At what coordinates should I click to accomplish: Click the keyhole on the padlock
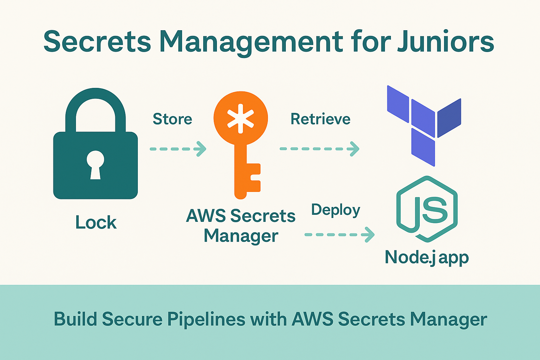click(95, 164)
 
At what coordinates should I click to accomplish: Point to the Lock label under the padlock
click(96, 223)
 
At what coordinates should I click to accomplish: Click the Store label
click(172, 119)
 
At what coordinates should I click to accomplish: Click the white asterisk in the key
click(240, 118)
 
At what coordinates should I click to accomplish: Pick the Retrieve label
click(320, 119)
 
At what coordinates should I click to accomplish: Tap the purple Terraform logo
click(424, 125)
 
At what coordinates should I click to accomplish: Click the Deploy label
click(336, 210)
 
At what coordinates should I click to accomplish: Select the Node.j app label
click(426, 258)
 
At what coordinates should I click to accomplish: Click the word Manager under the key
click(241, 236)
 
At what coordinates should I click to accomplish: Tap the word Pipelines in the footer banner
click(206, 319)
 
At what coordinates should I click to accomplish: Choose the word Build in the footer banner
click(75, 319)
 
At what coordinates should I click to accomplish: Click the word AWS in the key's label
click(206, 216)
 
